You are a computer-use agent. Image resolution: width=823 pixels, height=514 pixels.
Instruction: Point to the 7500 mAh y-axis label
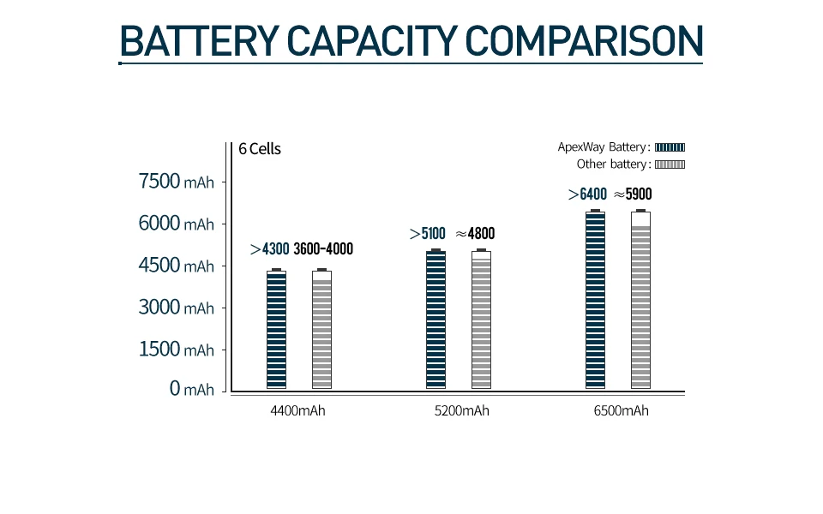(176, 182)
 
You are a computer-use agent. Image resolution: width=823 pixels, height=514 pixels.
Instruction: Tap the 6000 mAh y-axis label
(176, 224)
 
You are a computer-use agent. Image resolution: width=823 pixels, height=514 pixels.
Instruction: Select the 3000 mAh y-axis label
(176, 308)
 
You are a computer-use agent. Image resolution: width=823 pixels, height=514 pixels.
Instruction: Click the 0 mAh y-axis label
(191, 390)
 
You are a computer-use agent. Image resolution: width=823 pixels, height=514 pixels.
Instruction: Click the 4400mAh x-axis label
(297, 411)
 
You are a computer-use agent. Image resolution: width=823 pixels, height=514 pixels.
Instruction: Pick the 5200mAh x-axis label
(462, 411)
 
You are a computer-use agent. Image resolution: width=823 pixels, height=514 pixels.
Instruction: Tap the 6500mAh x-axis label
(621, 411)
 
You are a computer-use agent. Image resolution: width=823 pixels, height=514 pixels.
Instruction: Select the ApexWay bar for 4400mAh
(276, 330)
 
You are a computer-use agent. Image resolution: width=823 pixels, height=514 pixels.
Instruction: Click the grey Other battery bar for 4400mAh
(321, 330)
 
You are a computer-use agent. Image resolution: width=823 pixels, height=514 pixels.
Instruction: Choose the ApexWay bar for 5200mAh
(436, 320)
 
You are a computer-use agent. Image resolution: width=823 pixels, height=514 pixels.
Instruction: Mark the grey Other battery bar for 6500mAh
(640, 300)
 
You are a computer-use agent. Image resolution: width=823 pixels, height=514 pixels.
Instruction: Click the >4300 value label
(269, 249)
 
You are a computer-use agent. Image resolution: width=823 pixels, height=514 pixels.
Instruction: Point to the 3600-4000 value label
(323, 249)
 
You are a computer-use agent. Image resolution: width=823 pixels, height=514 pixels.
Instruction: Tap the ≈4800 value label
(475, 233)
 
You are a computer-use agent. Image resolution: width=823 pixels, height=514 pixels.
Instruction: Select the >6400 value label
(587, 194)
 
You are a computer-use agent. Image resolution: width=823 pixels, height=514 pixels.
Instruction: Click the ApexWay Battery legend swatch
(670, 147)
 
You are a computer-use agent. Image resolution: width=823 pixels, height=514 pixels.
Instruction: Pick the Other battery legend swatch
(670, 164)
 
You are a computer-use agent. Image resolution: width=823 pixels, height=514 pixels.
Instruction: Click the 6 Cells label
(260, 149)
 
